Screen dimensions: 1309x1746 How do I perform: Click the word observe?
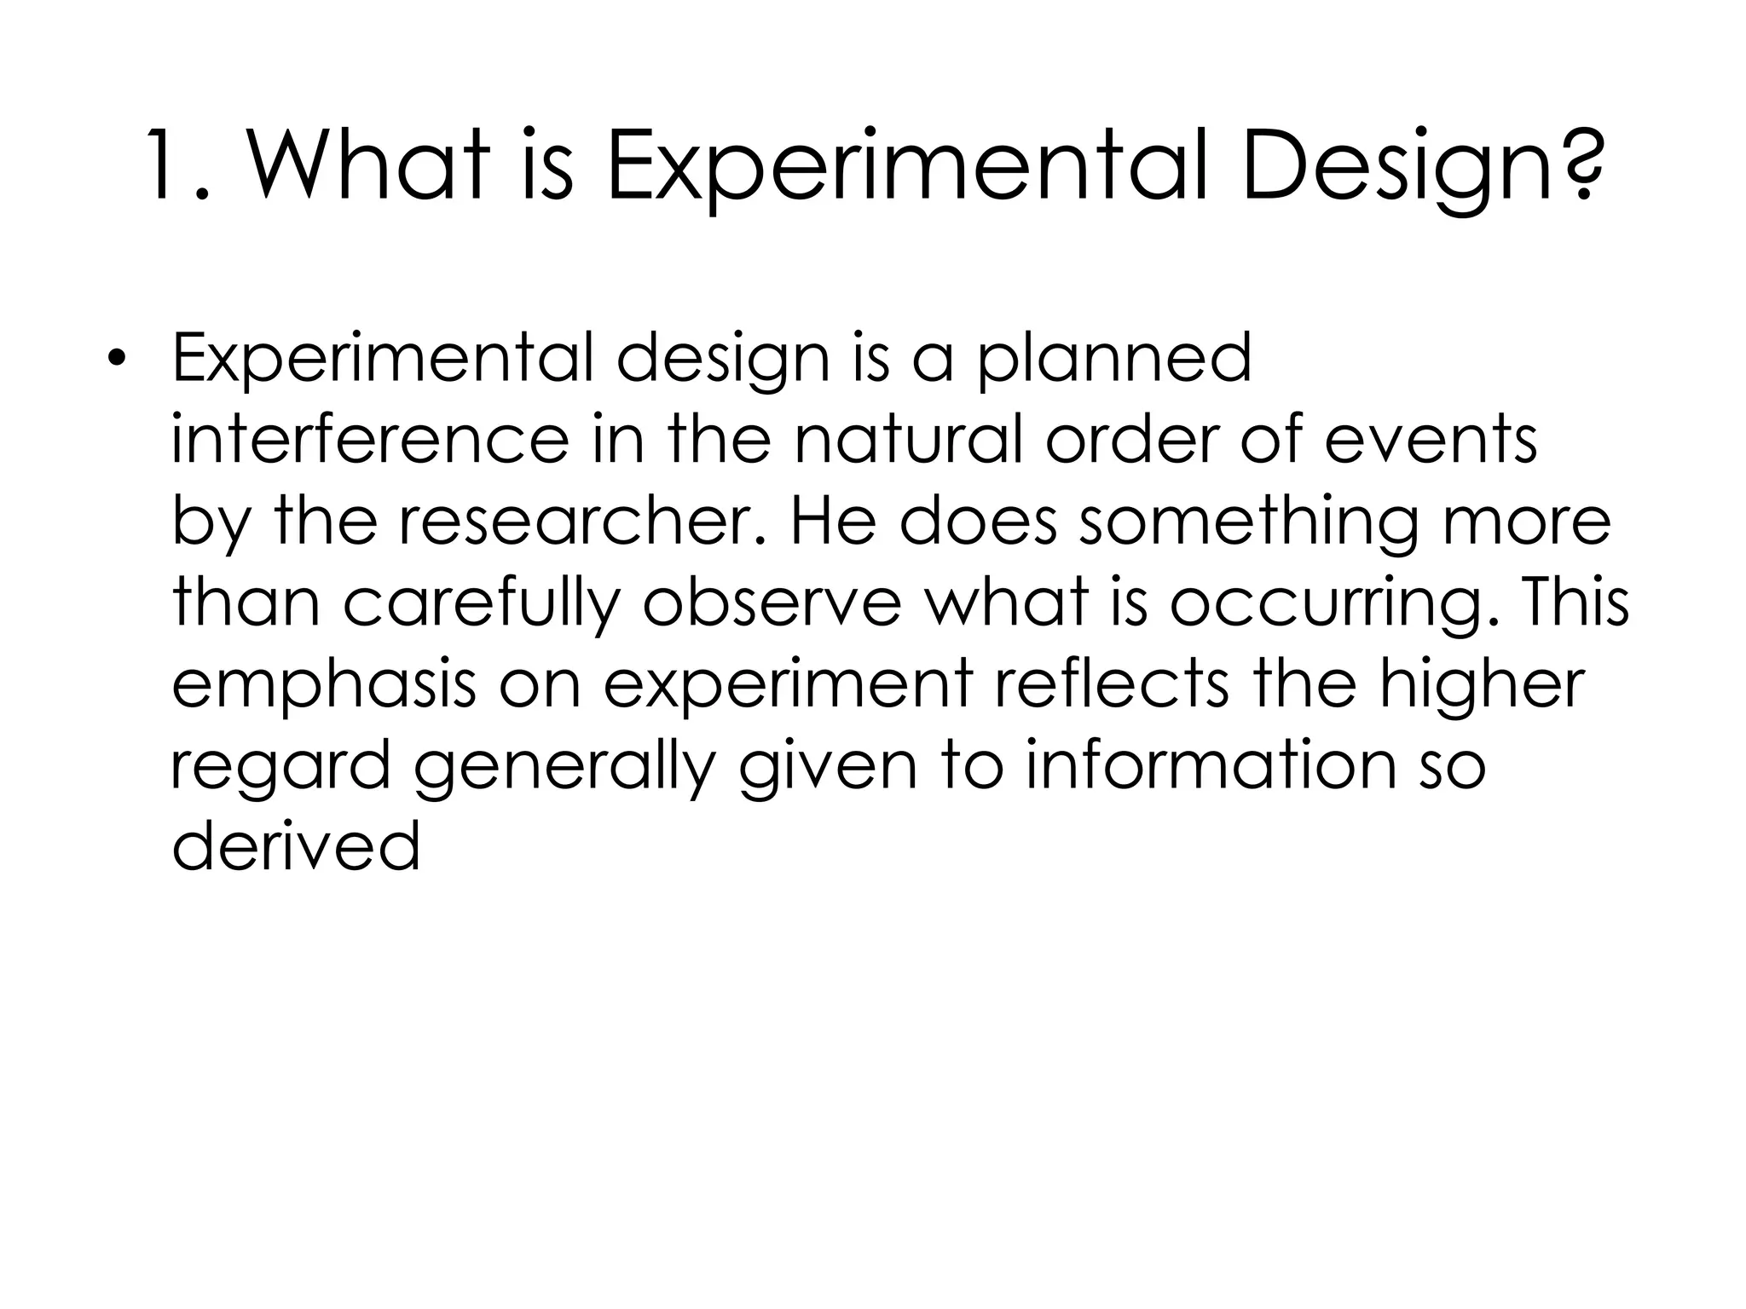pos(772,603)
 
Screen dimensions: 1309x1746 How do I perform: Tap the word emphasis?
pos(323,687)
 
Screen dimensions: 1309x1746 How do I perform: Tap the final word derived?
pos(296,847)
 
